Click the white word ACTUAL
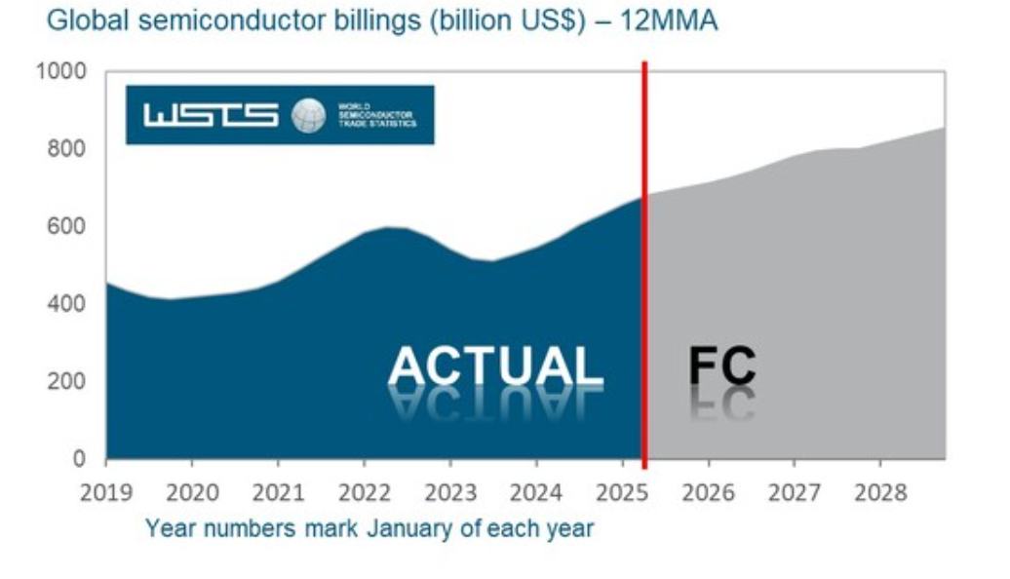tap(495, 367)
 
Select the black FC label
tap(722, 366)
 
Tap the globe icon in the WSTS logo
tap(309, 115)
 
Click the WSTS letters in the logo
tap(211, 115)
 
